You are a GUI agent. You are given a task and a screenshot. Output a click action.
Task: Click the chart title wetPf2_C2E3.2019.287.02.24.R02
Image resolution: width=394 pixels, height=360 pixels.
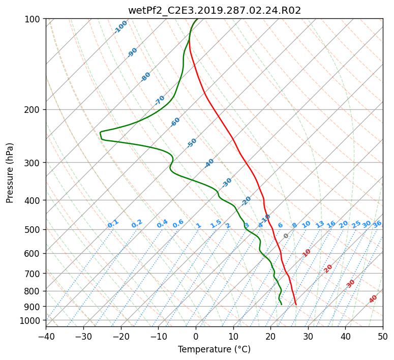pyautogui.click(x=215, y=10)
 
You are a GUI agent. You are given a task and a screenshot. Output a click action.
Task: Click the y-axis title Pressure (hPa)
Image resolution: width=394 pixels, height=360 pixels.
pyautogui.click(x=10, y=173)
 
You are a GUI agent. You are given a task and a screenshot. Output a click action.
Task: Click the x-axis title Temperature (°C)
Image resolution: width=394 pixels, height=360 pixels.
pyautogui.click(x=215, y=349)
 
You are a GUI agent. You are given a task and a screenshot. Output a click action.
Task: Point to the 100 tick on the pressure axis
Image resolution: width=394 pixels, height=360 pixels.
pyautogui.click(x=32, y=19)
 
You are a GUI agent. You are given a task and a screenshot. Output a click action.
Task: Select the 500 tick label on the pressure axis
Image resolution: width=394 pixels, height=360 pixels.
pyautogui.click(x=32, y=229)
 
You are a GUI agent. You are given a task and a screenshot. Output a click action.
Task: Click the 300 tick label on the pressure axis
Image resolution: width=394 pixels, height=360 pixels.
pyautogui.click(x=32, y=162)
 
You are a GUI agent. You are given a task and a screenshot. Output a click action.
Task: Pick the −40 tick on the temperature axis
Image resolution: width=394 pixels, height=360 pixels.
pyautogui.click(x=46, y=336)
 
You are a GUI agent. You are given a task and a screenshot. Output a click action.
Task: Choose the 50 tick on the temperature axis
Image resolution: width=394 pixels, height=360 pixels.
pyautogui.click(x=383, y=336)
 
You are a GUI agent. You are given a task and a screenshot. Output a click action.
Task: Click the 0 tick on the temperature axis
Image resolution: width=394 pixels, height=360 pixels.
pyautogui.click(x=196, y=336)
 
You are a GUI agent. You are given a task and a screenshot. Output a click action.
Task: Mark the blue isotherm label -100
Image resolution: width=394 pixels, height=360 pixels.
pyautogui.click(x=120, y=27)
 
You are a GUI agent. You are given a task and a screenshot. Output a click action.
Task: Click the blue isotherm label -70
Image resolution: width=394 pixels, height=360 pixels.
pyautogui.click(x=160, y=100)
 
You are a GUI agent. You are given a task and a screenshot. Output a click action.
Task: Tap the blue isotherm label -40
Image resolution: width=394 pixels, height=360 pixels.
pyautogui.click(x=209, y=163)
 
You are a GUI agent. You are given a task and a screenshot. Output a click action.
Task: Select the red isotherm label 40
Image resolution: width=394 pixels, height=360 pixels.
pyautogui.click(x=373, y=299)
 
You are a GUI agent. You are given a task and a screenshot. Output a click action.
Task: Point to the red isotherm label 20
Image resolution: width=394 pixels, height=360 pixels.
pyautogui.click(x=328, y=269)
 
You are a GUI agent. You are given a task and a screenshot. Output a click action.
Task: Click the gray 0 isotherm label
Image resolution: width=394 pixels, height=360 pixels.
pyautogui.click(x=286, y=236)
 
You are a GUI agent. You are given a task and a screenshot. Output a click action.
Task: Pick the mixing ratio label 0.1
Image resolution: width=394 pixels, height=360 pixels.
pyautogui.click(x=113, y=224)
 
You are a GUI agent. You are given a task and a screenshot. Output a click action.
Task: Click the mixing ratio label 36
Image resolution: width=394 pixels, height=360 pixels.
pyautogui.click(x=377, y=224)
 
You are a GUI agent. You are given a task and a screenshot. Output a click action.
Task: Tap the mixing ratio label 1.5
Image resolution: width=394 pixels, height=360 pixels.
pyautogui.click(x=216, y=224)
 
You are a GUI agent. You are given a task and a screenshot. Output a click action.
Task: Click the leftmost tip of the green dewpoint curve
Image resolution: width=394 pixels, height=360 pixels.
pyautogui.click(x=100, y=132)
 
